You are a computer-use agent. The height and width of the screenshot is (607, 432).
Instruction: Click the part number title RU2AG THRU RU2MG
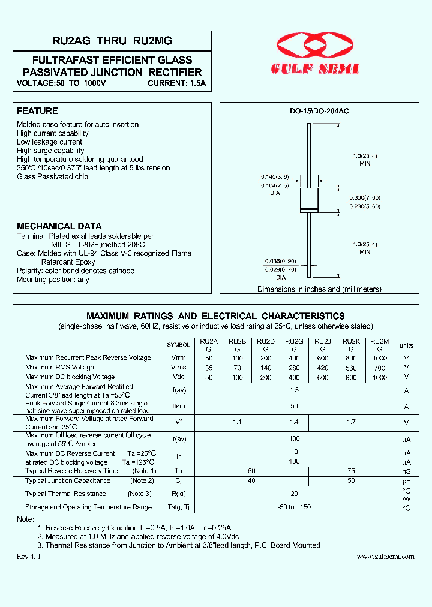tap(112, 41)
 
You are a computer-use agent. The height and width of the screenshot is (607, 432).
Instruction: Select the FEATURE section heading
tap(37, 111)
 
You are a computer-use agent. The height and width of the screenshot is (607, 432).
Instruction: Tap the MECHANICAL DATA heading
tap(59, 226)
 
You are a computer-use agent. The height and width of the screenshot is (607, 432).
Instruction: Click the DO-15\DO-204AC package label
tap(319, 112)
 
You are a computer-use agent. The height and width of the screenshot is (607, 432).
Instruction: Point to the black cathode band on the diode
tap(308, 209)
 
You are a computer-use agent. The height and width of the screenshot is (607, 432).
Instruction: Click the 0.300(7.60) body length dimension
tap(364, 197)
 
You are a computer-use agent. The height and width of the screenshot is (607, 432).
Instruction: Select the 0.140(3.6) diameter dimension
tap(274, 177)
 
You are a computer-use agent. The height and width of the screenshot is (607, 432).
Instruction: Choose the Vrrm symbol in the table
tap(178, 358)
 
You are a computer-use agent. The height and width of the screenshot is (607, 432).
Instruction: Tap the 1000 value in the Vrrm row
tap(379, 358)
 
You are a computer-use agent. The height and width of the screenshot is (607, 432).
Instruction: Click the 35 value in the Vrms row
tap(209, 368)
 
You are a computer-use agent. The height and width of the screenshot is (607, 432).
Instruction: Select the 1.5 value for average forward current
tap(294, 390)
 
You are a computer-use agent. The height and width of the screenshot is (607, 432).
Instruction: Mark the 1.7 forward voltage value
tap(351, 422)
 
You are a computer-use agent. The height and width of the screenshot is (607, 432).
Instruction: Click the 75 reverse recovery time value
tap(351, 471)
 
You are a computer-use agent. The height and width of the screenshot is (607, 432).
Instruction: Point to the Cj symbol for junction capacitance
tap(178, 481)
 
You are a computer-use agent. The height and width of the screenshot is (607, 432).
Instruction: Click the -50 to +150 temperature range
tap(294, 507)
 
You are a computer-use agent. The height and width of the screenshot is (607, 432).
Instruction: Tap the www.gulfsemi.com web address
tap(385, 557)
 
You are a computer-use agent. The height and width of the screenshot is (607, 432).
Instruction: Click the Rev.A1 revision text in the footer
tap(29, 557)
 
